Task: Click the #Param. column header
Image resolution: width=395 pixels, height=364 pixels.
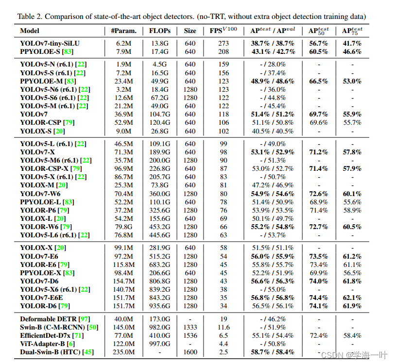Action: [123, 31]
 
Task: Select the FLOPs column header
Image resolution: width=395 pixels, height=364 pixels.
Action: [159, 31]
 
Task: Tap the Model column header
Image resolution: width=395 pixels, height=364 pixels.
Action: [30, 31]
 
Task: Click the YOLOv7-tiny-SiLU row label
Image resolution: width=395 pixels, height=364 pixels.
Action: [50, 43]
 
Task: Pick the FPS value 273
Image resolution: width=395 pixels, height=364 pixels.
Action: [223, 43]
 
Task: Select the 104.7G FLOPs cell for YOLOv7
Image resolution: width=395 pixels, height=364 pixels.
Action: [159, 114]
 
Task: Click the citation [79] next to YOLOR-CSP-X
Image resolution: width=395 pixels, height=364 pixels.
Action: [76, 169]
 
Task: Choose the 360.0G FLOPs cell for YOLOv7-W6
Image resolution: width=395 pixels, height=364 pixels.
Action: [159, 194]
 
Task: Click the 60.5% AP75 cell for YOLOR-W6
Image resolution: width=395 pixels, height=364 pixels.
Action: [352, 227]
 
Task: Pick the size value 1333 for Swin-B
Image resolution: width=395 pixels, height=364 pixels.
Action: [190, 327]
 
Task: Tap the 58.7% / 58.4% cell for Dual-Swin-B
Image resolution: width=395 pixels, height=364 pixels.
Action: [273, 352]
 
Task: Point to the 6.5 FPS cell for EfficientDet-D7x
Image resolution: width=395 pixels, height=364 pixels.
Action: [223, 335]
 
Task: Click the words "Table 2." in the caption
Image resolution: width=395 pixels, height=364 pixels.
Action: [31, 17]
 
